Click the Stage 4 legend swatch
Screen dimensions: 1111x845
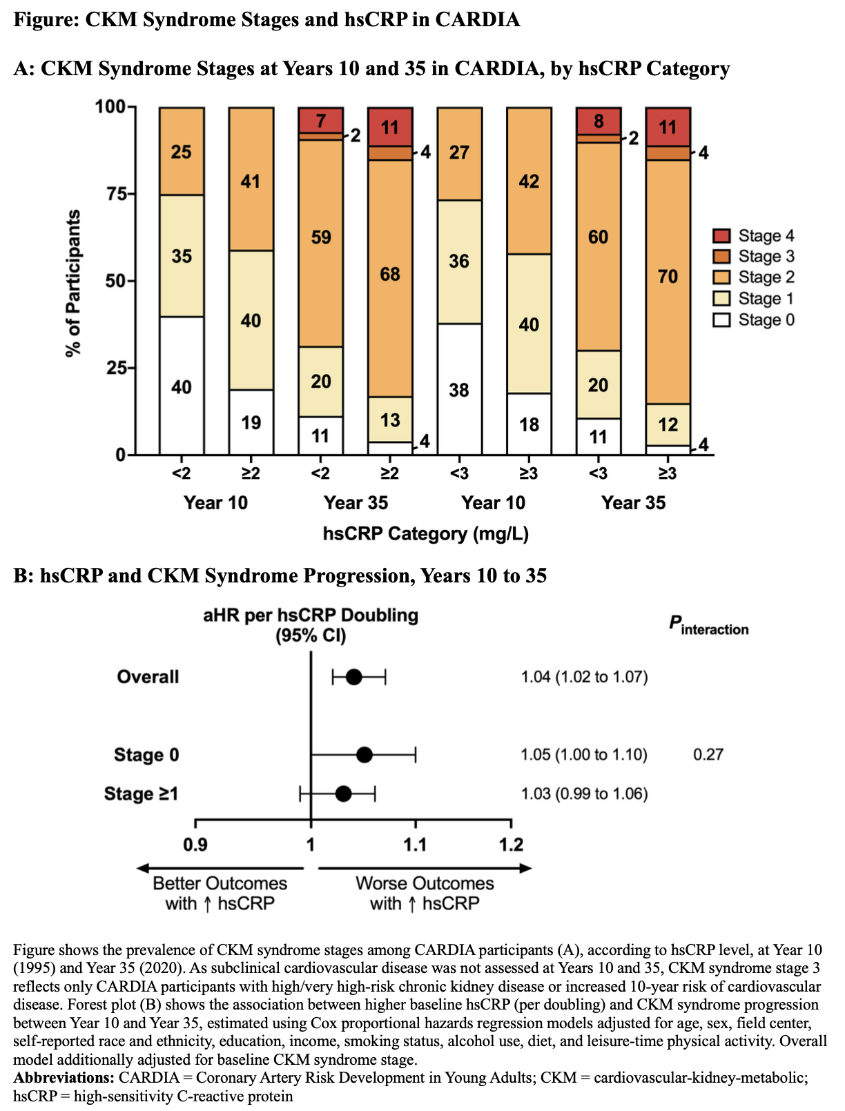click(721, 236)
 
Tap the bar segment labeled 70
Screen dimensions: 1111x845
click(668, 277)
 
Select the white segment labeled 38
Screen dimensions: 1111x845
click(459, 389)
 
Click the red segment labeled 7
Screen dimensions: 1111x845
click(320, 120)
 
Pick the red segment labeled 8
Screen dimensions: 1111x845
click(599, 121)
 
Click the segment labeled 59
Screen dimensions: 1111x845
click(320, 238)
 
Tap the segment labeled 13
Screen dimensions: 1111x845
click(390, 420)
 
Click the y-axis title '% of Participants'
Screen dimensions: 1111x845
click(73, 283)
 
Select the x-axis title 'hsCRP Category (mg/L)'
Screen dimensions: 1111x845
click(426, 534)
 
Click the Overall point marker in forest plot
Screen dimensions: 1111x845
click(353, 677)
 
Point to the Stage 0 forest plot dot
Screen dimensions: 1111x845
click(365, 755)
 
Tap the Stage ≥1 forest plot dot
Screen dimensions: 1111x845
click(343, 794)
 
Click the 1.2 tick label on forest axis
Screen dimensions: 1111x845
click(511, 845)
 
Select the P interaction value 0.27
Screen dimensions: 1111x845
click(708, 754)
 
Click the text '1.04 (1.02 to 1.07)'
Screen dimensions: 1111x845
click(584, 677)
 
